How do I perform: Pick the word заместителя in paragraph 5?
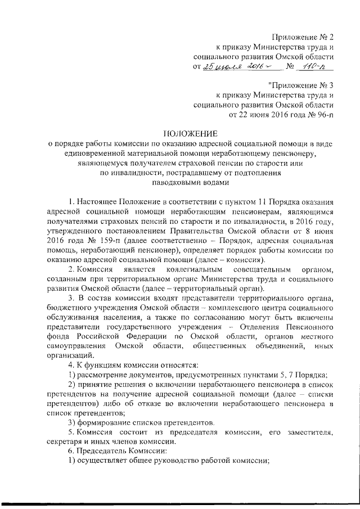click(307, 432)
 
